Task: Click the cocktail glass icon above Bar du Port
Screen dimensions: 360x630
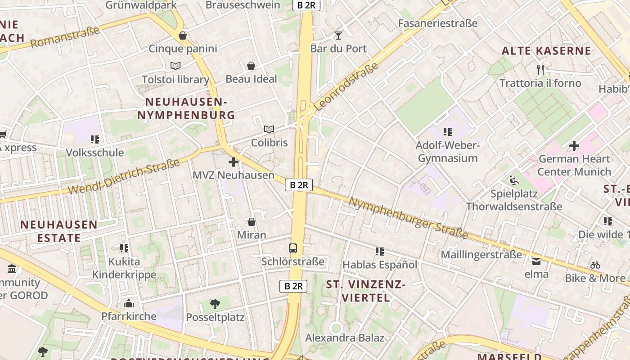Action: pyautogui.click(x=338, y=35)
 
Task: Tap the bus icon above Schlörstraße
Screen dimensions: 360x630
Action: pyautogui.click(x=293, y=248)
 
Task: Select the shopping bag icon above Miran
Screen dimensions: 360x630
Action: pyautogui.click(x=252, y=221)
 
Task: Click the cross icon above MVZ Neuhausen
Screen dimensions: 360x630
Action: pyautogui.click(x=233, y=162)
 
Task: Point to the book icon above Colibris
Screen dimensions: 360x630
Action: pyautogui.click(x=269, y=130)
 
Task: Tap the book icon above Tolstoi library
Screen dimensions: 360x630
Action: pyautogui.click(x=175, y=66)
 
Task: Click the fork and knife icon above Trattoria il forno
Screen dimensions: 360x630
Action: pyautogui.click(x=540, y=69)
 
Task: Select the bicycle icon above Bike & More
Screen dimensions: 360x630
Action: pyautogui.click(x=595, y=265)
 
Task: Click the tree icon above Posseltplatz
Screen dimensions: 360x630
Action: pyautogui.click(x=215, y=304)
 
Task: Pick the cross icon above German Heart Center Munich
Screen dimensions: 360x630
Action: pyautogui.click(x=574, y=146)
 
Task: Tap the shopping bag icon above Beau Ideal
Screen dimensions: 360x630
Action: pyautogui.click(x=251, y=66)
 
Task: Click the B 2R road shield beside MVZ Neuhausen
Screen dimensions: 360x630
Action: pyautogui.click(x=299, y=184)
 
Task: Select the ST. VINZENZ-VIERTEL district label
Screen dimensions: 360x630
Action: pyautogui.click(x=365, y=291)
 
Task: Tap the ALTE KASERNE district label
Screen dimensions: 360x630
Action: pyautogui.click(x=546, y=51)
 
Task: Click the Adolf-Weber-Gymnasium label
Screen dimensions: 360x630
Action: pyautogui.click(x=448, y=152)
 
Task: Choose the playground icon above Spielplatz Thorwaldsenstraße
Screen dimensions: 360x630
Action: pyautogui.click(x=514, y=181)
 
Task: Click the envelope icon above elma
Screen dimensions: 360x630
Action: pyautogui.click(x=536, y=261)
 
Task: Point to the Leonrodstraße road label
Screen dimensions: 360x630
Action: pyautogui.click(x=346, y=87)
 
